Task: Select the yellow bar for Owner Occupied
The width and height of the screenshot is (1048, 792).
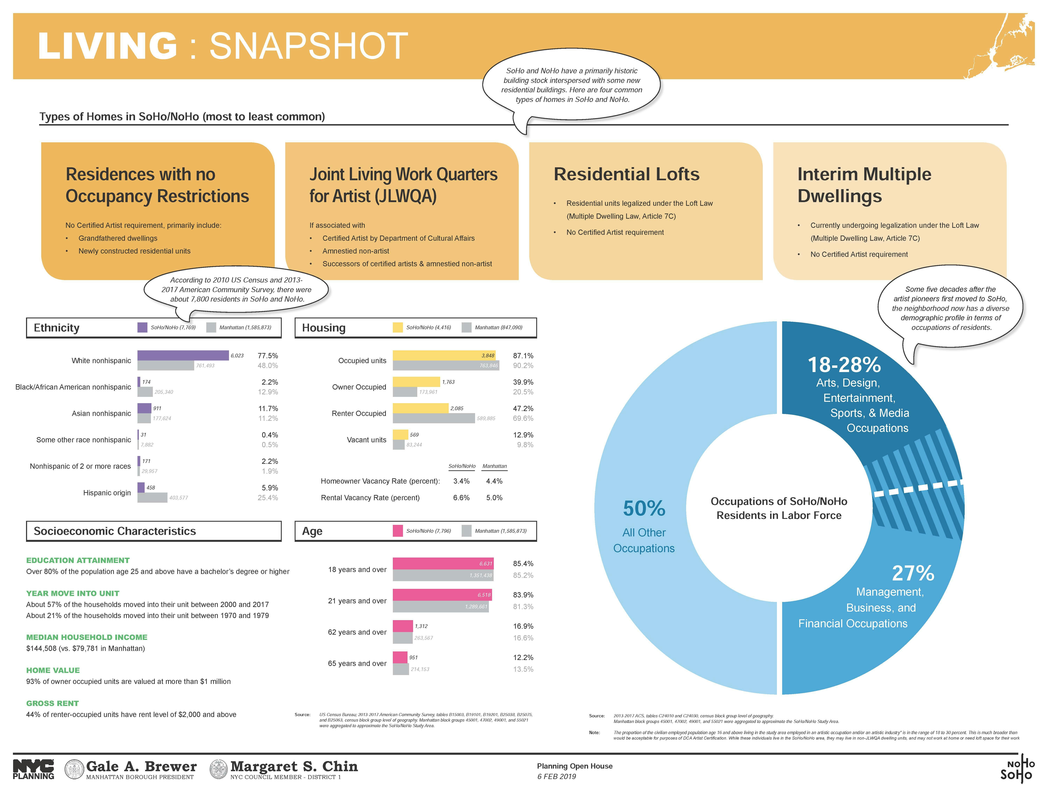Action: (416, 382)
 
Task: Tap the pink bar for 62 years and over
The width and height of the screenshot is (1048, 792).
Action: (403, 626)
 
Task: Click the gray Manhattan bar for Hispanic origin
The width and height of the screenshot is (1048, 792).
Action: (152, 497)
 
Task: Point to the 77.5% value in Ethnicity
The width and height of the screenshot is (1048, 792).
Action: (268, 356)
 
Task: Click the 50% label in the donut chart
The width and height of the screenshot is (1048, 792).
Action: (644, 508)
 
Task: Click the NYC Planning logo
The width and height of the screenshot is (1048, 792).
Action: (33, 769)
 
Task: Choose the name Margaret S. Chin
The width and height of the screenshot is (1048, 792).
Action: (294, 766)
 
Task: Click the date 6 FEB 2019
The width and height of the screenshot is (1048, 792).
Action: (556, 776)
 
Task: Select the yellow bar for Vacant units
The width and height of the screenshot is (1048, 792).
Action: (400, 434)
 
